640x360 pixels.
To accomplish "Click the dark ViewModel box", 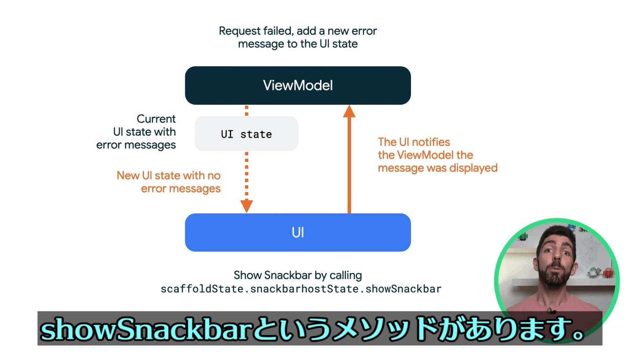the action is pos(298,86).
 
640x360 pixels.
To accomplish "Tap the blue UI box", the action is pos(298,232).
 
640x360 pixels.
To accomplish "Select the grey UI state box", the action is pos(246,134).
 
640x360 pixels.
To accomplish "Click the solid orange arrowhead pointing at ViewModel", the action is pos(349,112).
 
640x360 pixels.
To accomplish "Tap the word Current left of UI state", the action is pos(156,118).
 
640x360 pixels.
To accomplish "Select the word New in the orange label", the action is pos(128,176).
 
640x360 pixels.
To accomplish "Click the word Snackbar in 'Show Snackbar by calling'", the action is pos(288,275).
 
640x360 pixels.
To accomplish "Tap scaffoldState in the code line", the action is pos(202,289).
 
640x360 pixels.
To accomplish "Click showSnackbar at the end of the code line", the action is pos(403,289).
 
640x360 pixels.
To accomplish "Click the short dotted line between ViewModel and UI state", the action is pos(246,110).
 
